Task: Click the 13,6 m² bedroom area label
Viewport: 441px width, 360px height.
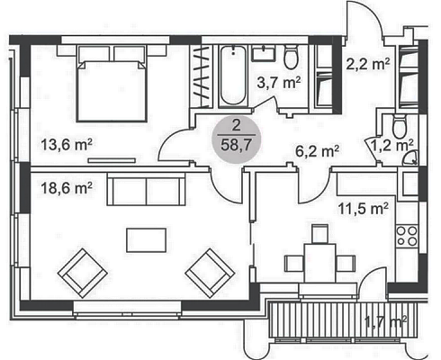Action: [x=67, y=145]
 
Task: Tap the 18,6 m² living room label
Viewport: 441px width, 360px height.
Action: [x=67, y=189]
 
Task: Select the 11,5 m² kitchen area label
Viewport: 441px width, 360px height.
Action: [x=364, y=208]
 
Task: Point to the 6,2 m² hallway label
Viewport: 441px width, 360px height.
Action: [x=317, y=151]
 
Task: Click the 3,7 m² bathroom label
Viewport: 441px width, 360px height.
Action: [x=279, y=83]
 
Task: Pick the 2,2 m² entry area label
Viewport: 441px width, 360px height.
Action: [x=368, y=64]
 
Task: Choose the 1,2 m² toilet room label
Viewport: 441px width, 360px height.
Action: [x=392, y=146]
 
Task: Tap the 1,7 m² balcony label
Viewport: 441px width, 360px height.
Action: [x=385, y=322]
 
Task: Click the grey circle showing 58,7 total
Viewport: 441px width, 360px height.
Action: [x=237, y=139]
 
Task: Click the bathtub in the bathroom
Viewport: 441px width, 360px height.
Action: [x=233, y=76]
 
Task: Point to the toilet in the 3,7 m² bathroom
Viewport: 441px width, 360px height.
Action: [x=291, y=57]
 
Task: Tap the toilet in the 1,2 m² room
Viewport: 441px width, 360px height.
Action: [x=400, y=126]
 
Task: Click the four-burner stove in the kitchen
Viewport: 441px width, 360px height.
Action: [x=407, y=236]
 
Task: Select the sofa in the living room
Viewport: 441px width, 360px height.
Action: [x=146, y=190]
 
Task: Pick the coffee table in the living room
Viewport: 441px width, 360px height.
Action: [x=147, y=240]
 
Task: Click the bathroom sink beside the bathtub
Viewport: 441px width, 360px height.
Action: [x=264, y=53]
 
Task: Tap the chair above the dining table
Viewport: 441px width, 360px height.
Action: [x=320, y=234]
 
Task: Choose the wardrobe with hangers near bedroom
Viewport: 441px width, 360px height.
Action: [x=201, y=76]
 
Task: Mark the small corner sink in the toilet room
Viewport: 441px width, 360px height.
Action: [x=410, y=158]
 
